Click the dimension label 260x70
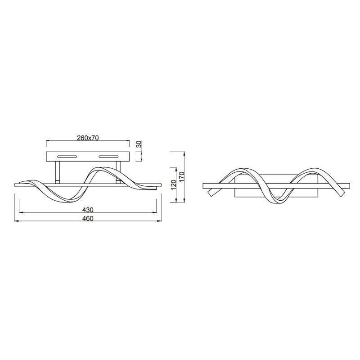tap(88, 138)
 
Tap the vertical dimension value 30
tap(139, 144)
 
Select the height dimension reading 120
tap(174, 184)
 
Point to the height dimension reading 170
tap(182, 177)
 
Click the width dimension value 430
tap(88, 210)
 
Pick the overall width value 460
tap(88, 218)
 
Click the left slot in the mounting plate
tap(67, 157)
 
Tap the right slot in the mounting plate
tap(108, 157)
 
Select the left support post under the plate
tap(58, 173)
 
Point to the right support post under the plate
tap(118, 173)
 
